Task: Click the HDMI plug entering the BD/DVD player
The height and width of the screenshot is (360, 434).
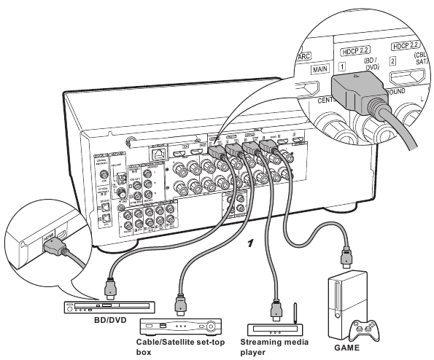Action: (x=109, y=289)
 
